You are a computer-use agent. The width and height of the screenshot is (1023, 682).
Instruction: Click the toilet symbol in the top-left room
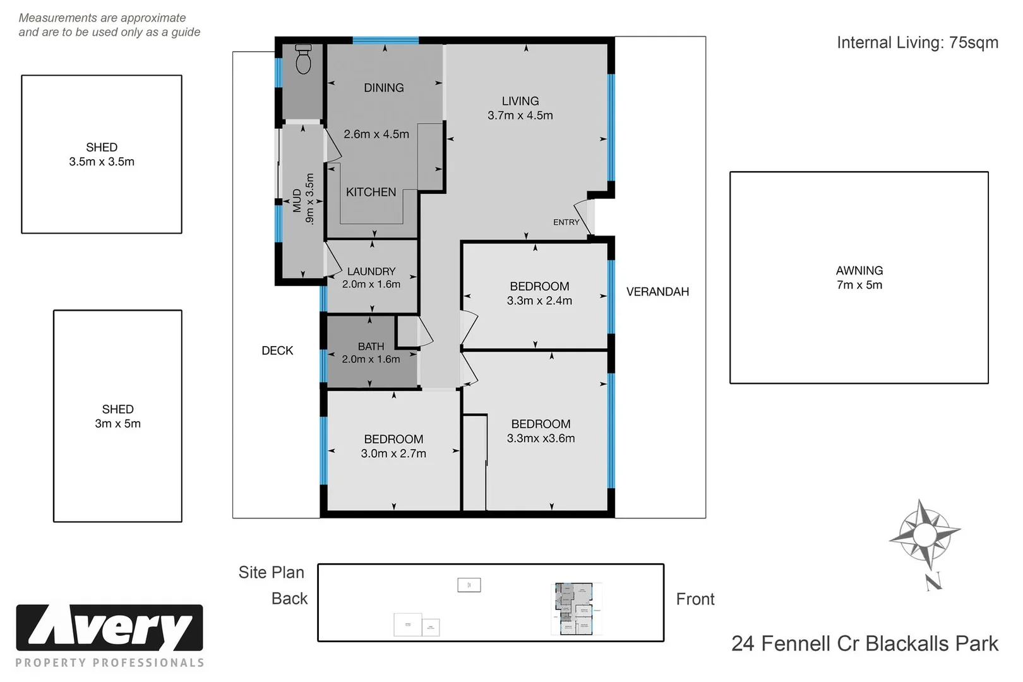click(x=304, y=59)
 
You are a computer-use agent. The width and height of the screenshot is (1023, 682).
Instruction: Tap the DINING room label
click(x=383, y=88)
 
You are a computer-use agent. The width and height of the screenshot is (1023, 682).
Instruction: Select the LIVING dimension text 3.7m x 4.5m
click(x=520, y=116)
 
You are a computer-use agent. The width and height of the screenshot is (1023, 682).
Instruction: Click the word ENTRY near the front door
click(x=566, y=222)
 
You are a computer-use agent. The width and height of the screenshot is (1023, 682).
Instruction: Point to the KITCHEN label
click(x=371, y=192)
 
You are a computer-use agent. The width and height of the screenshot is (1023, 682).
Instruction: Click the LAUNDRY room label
click(x=371, y=272)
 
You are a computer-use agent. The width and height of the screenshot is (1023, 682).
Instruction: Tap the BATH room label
click(x=371, y=346)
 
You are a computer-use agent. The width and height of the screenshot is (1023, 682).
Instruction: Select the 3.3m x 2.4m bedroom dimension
click(x=539, y=301)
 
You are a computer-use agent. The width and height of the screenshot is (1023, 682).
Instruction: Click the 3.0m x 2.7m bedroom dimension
click(x=393, y=453)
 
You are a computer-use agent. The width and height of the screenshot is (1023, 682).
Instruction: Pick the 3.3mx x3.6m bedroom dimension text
click(x=541, y=438)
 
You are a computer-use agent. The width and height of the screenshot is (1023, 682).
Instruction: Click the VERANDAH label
click(x=657, y=292)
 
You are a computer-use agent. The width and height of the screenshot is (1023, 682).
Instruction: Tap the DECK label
click(x=277, y=350)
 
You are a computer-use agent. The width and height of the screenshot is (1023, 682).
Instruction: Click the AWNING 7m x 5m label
click(x=859, y=277)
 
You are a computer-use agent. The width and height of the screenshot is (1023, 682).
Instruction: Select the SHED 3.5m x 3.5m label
click(x=102, y=154)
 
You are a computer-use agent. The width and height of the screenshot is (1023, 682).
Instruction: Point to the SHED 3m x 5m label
click(x=117, y=416)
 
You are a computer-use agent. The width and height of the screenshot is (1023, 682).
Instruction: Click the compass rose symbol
click(x=924, y=535)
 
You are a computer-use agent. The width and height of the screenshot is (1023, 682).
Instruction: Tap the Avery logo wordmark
click(x=109, y=628)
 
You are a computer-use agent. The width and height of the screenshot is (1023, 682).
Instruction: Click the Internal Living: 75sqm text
click(x=917, y=42)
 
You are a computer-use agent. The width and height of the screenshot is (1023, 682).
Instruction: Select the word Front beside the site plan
click(x=695, y=599)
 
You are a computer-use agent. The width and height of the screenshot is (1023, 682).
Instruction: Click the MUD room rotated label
click(x=297, y=200)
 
